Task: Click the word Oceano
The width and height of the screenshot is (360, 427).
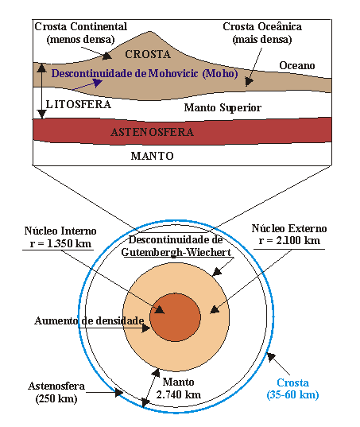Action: tap(296, 65)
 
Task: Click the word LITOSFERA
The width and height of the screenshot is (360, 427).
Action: tap(78, 104)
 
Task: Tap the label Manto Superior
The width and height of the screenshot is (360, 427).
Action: tap(223, 107)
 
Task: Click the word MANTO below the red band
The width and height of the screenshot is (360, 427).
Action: tap(152, 157)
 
